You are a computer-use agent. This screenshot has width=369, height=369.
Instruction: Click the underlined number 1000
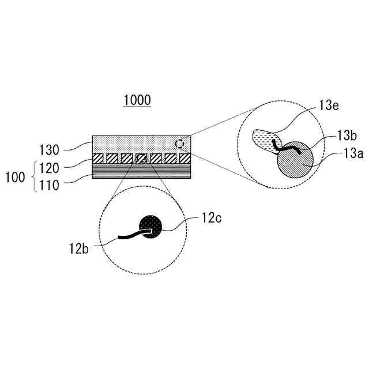(137, 100)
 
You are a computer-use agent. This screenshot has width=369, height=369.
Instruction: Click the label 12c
(211, 219)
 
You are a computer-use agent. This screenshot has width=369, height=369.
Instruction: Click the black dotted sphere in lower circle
(153, 227)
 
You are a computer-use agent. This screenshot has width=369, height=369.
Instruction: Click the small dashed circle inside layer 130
(180, 143)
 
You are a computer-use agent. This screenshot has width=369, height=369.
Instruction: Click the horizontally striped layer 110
(141, 171)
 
